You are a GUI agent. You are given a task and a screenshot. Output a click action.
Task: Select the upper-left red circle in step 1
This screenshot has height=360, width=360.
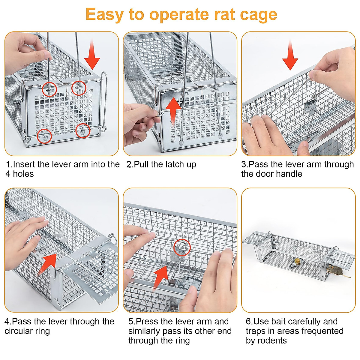pos(49,89)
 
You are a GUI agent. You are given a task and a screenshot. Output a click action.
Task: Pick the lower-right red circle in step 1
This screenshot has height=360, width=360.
pos(82,131)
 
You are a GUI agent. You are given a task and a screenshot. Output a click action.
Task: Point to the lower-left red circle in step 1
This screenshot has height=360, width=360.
pos(44,136)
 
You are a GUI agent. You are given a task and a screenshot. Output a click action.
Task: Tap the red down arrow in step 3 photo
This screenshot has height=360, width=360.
pos(290,55)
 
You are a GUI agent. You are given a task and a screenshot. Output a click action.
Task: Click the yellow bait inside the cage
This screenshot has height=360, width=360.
pos(297,261)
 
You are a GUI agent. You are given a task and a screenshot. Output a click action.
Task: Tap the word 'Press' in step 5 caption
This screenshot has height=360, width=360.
pos(147,322)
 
